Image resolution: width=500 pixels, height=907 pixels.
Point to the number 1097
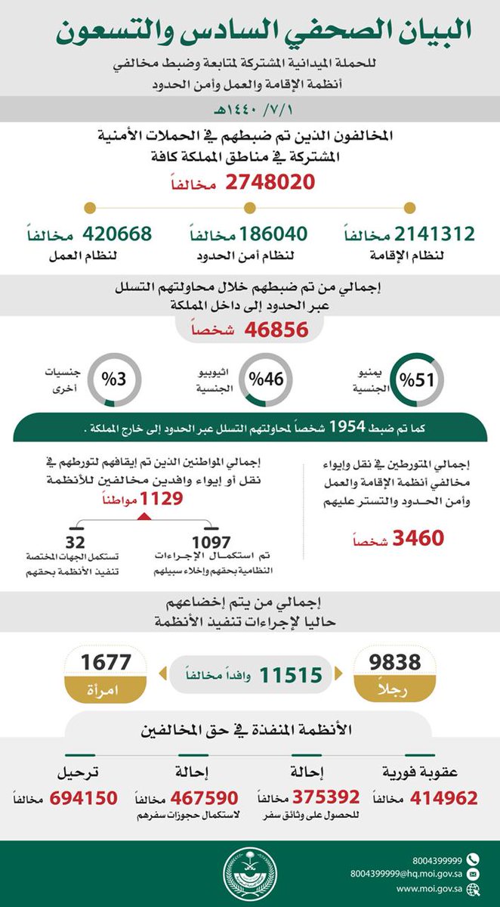pyautogui.click(x=211, y=542)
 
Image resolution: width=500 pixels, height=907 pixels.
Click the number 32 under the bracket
pyautogui.click(x=76, y=542)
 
